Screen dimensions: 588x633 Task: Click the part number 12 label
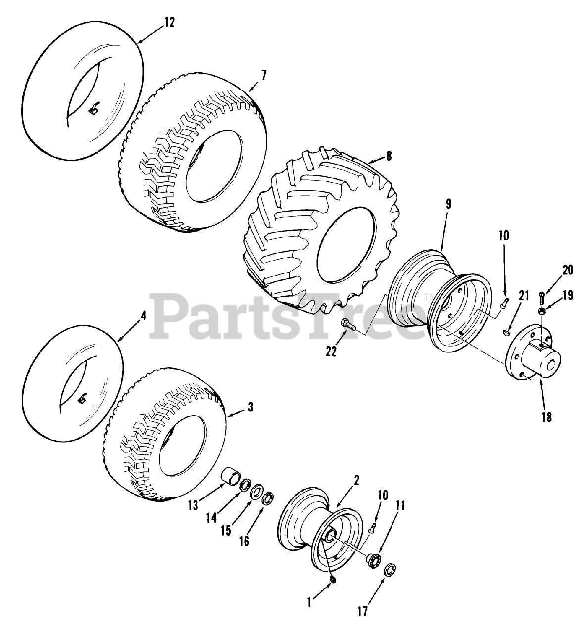click(170, 23)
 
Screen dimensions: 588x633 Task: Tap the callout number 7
click(263, 76)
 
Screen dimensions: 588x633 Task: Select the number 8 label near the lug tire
click(389, 156)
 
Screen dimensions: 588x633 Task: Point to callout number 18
click(546, 417)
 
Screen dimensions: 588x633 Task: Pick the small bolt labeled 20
click(542, 298)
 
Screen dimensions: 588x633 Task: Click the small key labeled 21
click(507, 332)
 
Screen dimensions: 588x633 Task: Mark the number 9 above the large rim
click(448, 204)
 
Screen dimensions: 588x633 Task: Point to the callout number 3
click(251, 407)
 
